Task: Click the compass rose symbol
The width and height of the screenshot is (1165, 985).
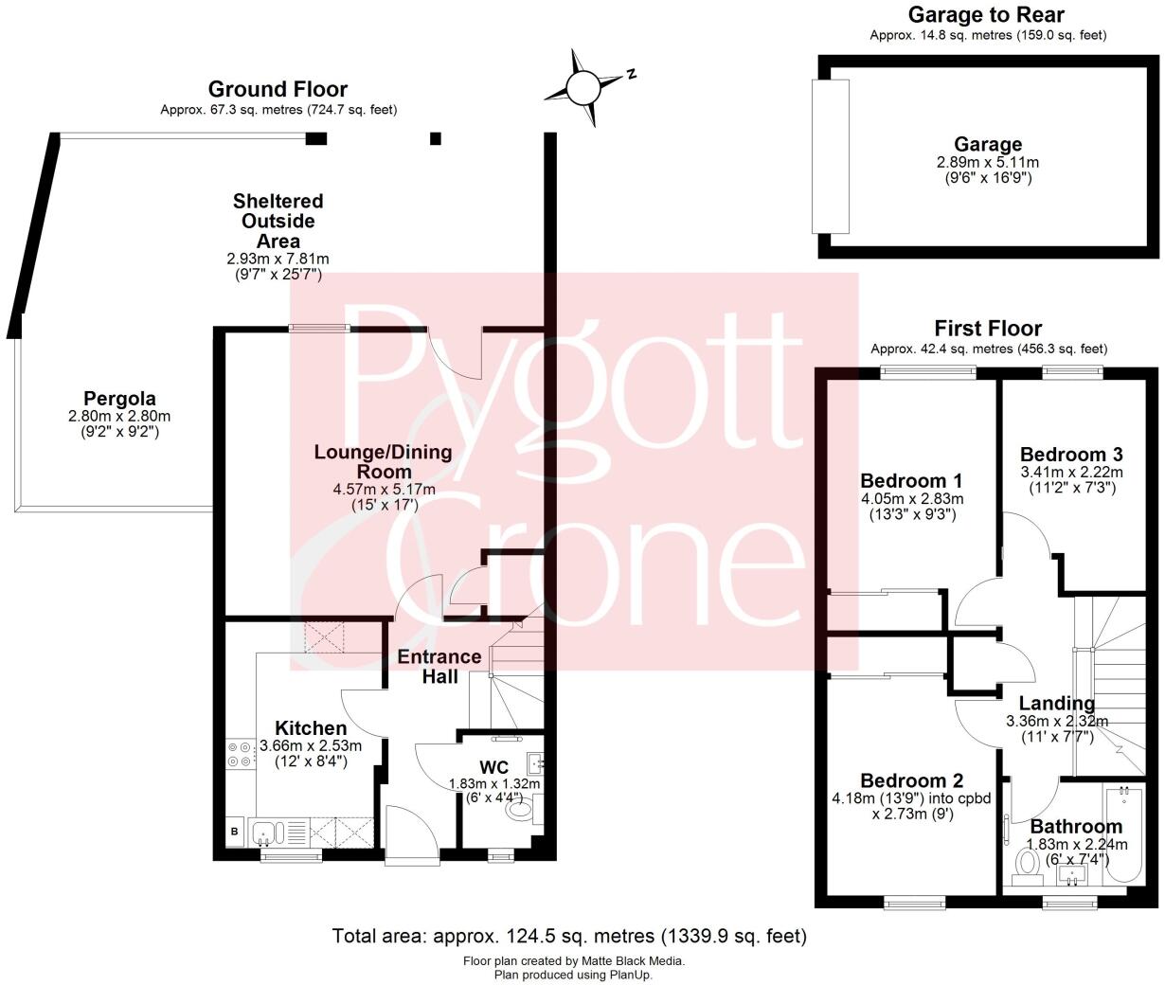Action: tap(583, 88)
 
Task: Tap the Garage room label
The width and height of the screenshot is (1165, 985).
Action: tap(988, 144)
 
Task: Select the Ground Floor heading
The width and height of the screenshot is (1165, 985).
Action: tap(278, 89)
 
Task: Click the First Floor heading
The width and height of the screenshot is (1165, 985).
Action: tap(988, 328)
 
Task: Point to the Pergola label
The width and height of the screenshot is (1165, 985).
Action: tap(119, 398)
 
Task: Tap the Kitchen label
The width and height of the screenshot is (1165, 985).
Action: tap(310, 727)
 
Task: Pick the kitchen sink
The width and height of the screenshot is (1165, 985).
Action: tap(264, 833)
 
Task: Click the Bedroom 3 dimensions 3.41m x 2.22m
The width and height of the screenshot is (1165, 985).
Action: tap(1071, 472)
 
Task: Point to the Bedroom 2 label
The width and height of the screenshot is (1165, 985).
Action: tap(911, 780)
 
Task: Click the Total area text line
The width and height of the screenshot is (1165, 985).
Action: tap(568, 936)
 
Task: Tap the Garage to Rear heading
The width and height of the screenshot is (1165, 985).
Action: tap(986, 14)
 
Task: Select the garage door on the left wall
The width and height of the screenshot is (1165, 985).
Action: tap(831, 156)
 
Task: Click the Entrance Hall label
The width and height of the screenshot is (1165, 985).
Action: tap(439, 666)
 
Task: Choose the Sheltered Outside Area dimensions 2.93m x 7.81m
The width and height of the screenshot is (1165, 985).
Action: tap(278, 259)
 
